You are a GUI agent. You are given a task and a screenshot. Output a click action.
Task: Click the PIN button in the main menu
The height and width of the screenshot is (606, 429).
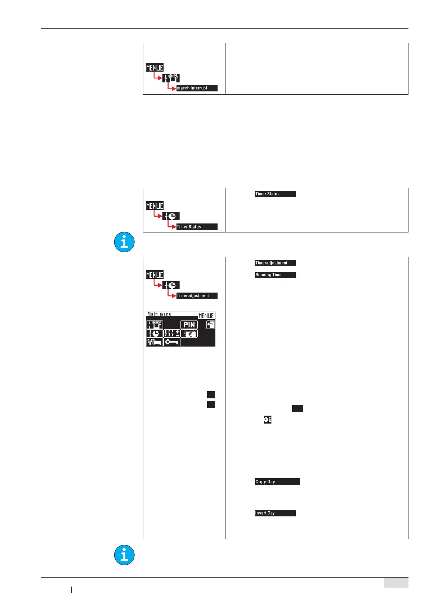[189, 325]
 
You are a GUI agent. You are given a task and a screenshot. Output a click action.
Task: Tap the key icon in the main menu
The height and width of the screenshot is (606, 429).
[172, 342]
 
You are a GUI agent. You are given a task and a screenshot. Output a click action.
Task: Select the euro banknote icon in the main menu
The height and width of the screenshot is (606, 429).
[189, 334]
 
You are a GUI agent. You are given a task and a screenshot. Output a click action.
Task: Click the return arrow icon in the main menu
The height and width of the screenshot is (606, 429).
[211, 325]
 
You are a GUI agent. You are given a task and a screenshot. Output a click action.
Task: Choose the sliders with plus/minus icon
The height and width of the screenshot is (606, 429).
[172, 334]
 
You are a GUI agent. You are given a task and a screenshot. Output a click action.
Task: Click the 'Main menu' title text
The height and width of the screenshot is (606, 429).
[160, 314]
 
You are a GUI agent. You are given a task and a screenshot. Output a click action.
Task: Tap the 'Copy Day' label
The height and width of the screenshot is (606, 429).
[277, 482]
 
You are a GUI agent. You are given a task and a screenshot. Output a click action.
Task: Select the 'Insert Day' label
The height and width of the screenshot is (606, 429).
[275, 513]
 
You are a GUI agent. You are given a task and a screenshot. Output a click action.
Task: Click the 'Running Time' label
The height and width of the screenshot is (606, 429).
[275, 275]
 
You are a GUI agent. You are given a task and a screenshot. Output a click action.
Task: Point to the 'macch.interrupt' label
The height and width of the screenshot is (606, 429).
[197, 88]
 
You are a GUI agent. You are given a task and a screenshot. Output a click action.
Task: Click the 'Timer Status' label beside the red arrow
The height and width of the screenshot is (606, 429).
[197, 227]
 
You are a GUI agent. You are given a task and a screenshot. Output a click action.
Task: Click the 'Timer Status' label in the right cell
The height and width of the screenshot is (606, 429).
[275, 194]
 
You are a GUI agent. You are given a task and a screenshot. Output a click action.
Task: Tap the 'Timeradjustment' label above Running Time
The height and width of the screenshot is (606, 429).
[275, 263]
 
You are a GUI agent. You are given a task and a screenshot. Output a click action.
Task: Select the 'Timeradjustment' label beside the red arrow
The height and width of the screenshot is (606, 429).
[197, 296]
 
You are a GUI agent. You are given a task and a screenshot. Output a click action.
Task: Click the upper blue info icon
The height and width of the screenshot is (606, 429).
[124, 242]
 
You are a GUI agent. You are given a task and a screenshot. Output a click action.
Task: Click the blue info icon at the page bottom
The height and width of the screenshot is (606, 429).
[124, 555]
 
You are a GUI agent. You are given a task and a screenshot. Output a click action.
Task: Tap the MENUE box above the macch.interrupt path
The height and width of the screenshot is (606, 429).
[155, 67]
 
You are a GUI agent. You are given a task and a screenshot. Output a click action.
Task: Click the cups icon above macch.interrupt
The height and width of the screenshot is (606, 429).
[171, 78]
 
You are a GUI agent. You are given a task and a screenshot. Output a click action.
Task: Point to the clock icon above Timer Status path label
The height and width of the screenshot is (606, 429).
[171, 216]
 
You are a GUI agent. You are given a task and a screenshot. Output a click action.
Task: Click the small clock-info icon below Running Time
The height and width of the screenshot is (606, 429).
[267, 420]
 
